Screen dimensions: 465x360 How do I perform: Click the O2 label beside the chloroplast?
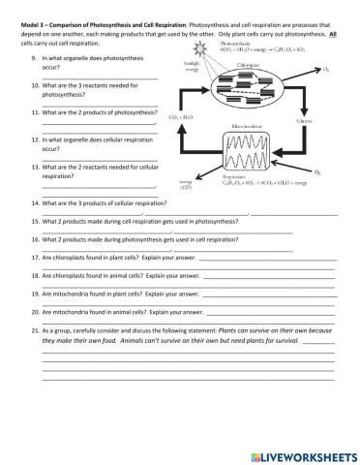point(325,70)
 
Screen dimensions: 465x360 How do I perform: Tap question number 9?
point(35,58)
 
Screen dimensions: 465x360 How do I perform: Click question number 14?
point(36,203)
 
